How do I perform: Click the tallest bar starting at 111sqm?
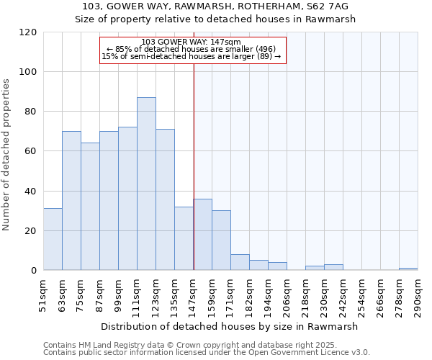click(146, 184)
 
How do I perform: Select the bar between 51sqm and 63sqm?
click(53, 239)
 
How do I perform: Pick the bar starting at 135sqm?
click(184, 238)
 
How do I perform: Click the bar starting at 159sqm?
click(221, 240)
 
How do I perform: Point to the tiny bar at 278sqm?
click(408, 269)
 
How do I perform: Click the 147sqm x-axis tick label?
click(194, 295)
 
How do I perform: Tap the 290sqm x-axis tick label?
click(419, 295)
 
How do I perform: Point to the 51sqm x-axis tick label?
click(44, 295)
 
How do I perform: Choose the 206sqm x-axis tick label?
click(287, 295)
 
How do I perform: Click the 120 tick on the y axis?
click(28, 32)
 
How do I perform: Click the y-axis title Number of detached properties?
click(7, 155)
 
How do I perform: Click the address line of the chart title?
click(216, 6)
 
